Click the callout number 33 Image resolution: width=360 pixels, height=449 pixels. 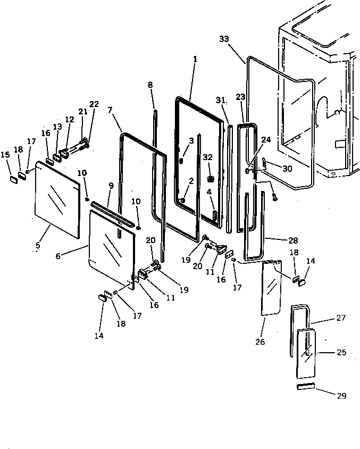click(x=223, y=39)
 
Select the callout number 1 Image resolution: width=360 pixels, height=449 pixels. click(x=195, y=60)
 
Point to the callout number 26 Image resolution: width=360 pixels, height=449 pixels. click(x=259, y=342)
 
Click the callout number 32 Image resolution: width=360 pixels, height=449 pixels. click(x=208, y=157)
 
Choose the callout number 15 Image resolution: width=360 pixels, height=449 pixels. click(x=5, y=155)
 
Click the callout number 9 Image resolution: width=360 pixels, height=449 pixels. click(x=111, y=186)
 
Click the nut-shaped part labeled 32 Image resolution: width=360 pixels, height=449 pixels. click(x=210, y=178)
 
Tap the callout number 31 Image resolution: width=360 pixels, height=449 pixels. click(x=220, y=100)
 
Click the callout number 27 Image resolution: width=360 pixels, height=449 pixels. click(x=341, y=318)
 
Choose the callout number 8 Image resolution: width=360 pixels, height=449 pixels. click(x=150, y=85)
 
